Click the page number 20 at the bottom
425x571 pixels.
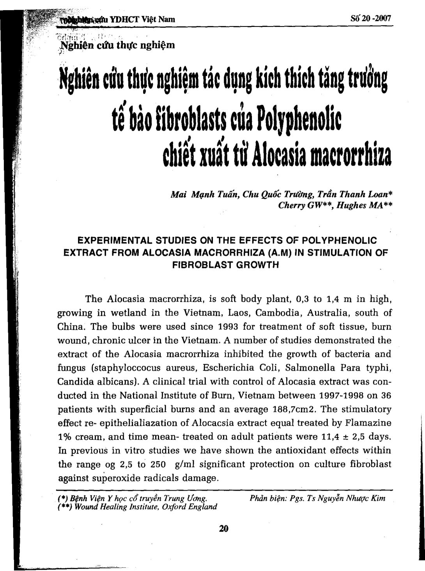pyautogui.click(x=223, y=529)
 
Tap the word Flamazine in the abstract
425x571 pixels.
pyautogui.click(x=368, y=423)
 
